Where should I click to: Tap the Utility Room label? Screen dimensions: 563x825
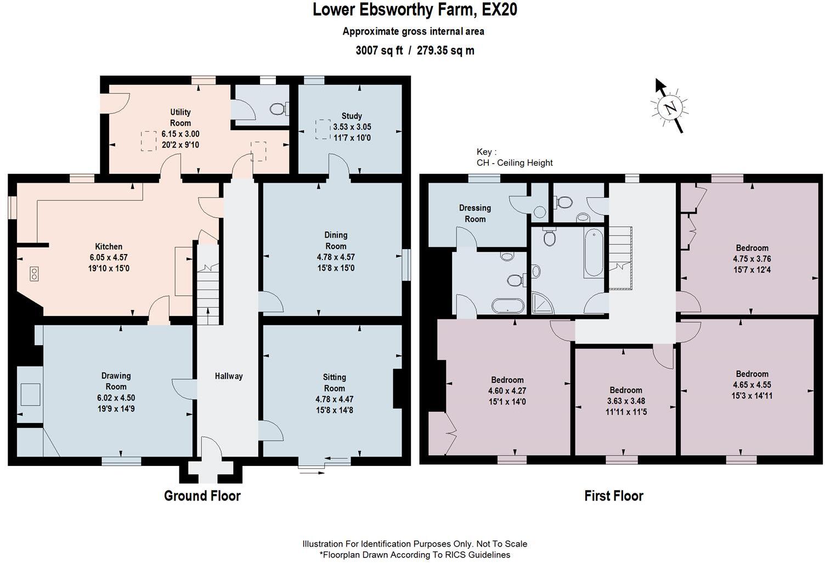(x=180, y=117)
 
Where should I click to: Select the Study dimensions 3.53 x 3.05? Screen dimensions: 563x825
(x=352, y=127)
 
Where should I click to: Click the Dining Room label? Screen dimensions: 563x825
(x=336, y=240)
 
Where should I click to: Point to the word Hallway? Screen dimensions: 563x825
(x=228, y=376)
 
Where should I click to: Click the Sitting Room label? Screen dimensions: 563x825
(x=334, y=382)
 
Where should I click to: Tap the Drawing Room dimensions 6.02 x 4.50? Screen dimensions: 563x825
(x=116, y=398)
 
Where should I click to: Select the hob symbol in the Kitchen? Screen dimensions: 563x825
(x=35, y=274)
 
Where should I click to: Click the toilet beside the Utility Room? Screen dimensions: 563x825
(x=278, y=109)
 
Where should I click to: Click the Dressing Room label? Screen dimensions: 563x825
(x=474, y=213)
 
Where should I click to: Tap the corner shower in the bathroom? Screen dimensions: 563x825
(x=543, y=303)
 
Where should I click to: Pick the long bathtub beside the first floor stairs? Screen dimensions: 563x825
(x=592, y=253)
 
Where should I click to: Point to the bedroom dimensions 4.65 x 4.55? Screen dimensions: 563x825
(x=751, y=385)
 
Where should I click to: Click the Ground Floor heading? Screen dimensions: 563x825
(x=202, y=496)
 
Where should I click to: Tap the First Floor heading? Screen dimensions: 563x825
(x=613, y=496)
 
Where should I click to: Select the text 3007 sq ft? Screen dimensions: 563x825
(x=379, y=50)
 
